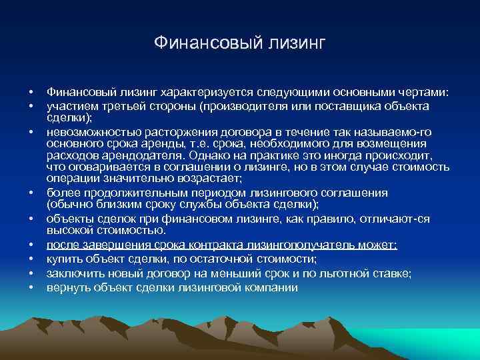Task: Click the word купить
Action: (x=63, y=259)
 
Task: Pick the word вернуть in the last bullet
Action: (x=67, y=287)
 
